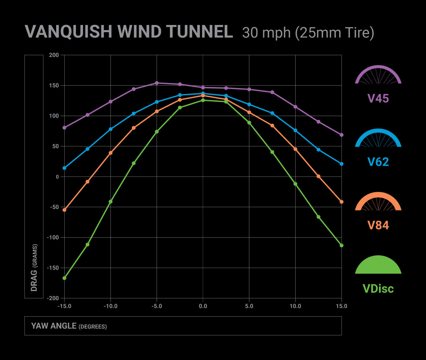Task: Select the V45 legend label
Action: pyautogui.click(x=378, y=98)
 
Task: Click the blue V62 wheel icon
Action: pyautogui.click(x=378, y=138)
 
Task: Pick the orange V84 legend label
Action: pyautogui.click(x=378, y=225)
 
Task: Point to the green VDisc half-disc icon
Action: pyautogui.click(x=378, y=265)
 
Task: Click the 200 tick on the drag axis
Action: pyautogui.click(x=54, y=55)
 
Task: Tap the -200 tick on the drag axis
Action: pyautogui.click(x=53, y=298)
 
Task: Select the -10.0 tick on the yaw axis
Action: pyautogui.click(x=110, y=306)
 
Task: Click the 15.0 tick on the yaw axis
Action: pyautogui.click(x=342, y=306)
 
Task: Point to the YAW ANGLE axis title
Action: pyautogui.click(x=69, y=326)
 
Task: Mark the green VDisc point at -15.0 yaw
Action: pyautogui.click(x=64, y=278)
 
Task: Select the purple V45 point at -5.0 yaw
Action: pyautogui.click(x=157, y=83)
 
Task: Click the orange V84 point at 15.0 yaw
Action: pyautogui.click(x=342, y=202)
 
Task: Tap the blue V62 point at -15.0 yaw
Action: pyautogui.click(x=64, y=168)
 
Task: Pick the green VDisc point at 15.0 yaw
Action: pyautogui.click(x=342, y=245)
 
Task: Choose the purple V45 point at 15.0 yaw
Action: pyautogui.click(x=342, y=135)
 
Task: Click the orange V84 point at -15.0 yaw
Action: pyautogui.click(x=64, y=210)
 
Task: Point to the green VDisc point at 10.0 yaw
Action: pyautogui.click(x=295, y=184)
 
